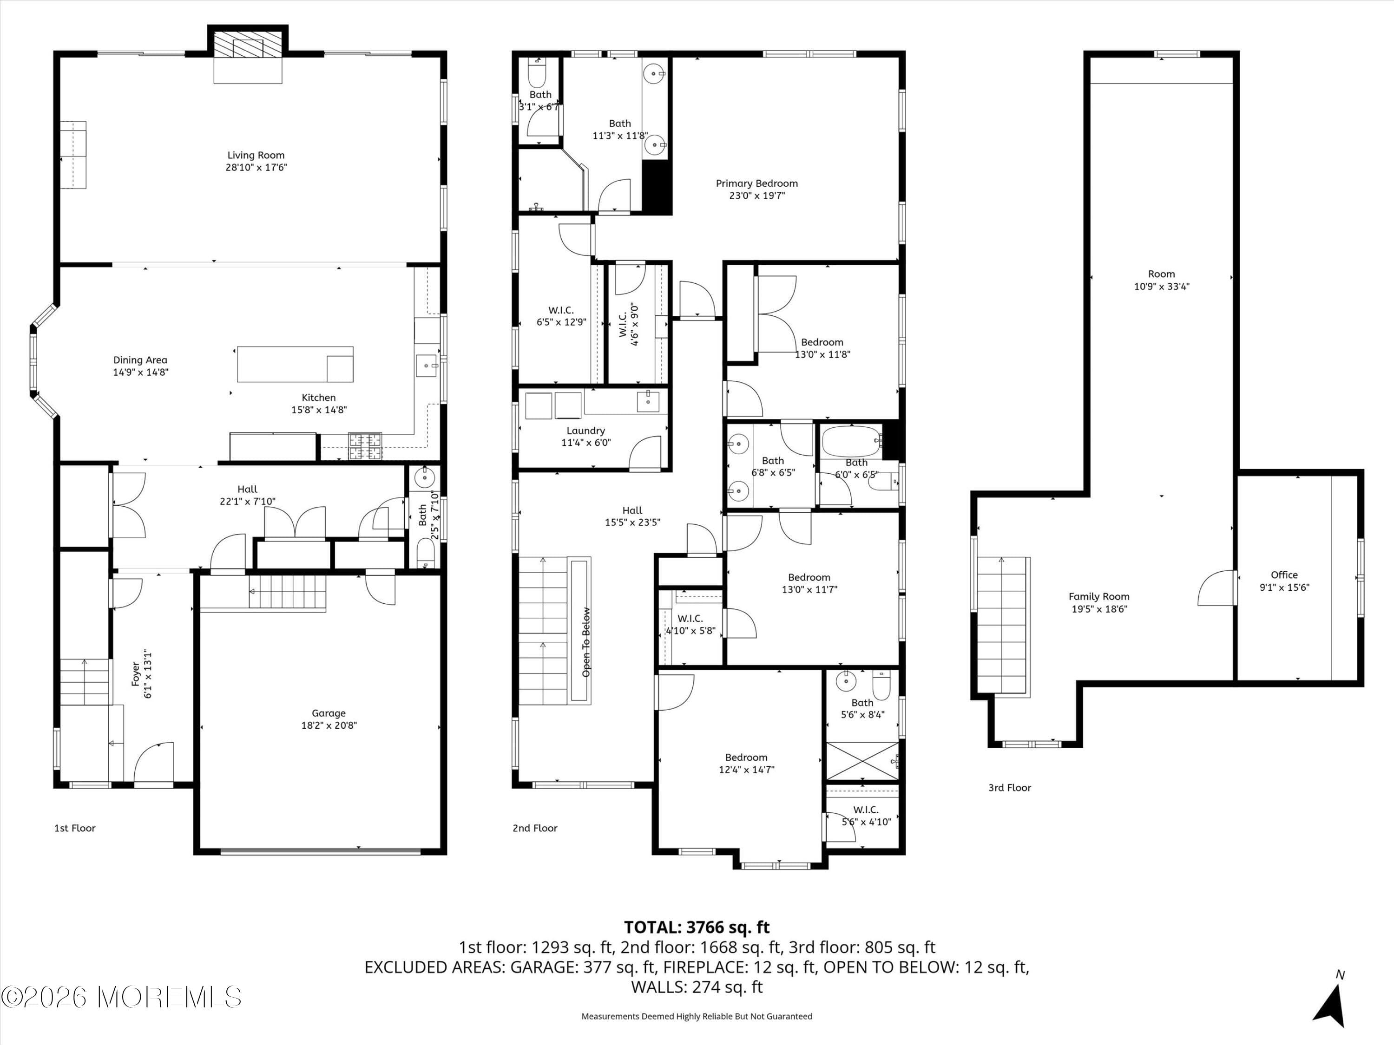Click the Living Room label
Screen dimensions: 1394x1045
(x=256, y=155)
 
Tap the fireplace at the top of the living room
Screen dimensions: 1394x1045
(x=248, y=47)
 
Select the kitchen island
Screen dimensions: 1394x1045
(x=295, y=364)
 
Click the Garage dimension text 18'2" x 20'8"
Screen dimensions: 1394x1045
(x=329, y=725)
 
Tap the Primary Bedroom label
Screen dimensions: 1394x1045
(x=757, y=183)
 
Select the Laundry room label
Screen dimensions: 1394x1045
(x=585, y=431)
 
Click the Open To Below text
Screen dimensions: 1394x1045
(x=586, y=642)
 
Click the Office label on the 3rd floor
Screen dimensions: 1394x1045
(x=1284, y=575)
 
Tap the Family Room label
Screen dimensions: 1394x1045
(x=1099, y=596)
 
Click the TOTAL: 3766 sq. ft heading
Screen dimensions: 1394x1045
(x=697, y=927)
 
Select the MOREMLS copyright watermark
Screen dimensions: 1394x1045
(x=122, y=997)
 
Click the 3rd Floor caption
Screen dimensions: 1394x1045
(x=1010, y=787)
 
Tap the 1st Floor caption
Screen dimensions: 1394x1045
(x=75, y=828)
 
